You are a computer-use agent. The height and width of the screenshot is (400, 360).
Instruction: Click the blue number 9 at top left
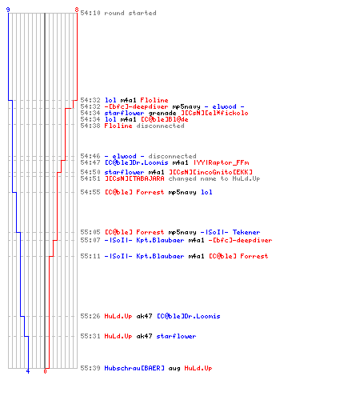click(x=8, y=10)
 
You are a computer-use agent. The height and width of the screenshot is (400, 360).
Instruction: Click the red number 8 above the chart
click(x=77, y=10)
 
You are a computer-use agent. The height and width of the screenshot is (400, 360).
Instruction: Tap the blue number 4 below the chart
click(x=28, y=371)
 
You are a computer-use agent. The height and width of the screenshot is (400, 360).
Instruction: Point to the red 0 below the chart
click(x=45, y=371)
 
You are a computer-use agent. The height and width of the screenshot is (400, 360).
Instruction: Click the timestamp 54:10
click(x=90, y=13)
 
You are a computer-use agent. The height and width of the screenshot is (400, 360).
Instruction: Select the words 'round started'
click(x=130, y=13)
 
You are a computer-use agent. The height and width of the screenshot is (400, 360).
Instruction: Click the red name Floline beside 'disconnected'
click(x=118, y=126)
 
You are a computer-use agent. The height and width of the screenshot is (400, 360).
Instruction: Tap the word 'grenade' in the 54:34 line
click(x=162, y=113)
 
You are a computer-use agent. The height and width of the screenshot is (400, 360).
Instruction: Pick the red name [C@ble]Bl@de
click(x=165, y=119)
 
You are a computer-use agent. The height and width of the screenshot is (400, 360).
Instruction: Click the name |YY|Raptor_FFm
click(x=222, y=162)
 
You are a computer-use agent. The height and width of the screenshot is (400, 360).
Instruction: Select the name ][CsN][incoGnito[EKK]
click(x=210, y=172)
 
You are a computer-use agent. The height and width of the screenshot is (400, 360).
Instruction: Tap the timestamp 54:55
click(x=90, y=192)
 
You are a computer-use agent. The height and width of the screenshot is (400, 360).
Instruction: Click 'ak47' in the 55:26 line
click(x=144, y=316)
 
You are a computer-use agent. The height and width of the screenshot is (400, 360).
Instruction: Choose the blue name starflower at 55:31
click(x=176, y=336)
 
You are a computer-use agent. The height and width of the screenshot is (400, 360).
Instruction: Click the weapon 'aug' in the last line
click(x=174, y=368)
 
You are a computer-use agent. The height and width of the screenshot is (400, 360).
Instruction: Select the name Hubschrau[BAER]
click(x=134, y=368)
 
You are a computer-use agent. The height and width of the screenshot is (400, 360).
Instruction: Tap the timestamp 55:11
click(x=90, y=256)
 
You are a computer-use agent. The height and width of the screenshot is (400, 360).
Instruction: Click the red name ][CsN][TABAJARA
click(x=134, y=178)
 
